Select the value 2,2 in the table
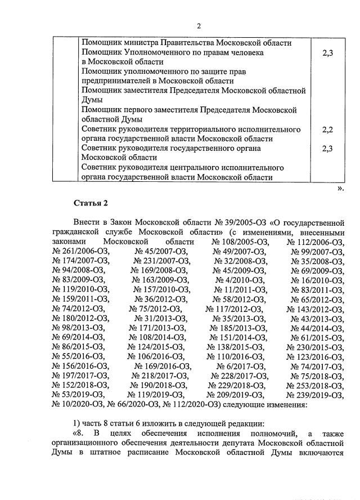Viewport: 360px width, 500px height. [328, 129]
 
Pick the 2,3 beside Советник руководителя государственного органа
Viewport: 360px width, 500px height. [328, 148]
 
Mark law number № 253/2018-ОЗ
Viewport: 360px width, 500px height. [315, 385]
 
